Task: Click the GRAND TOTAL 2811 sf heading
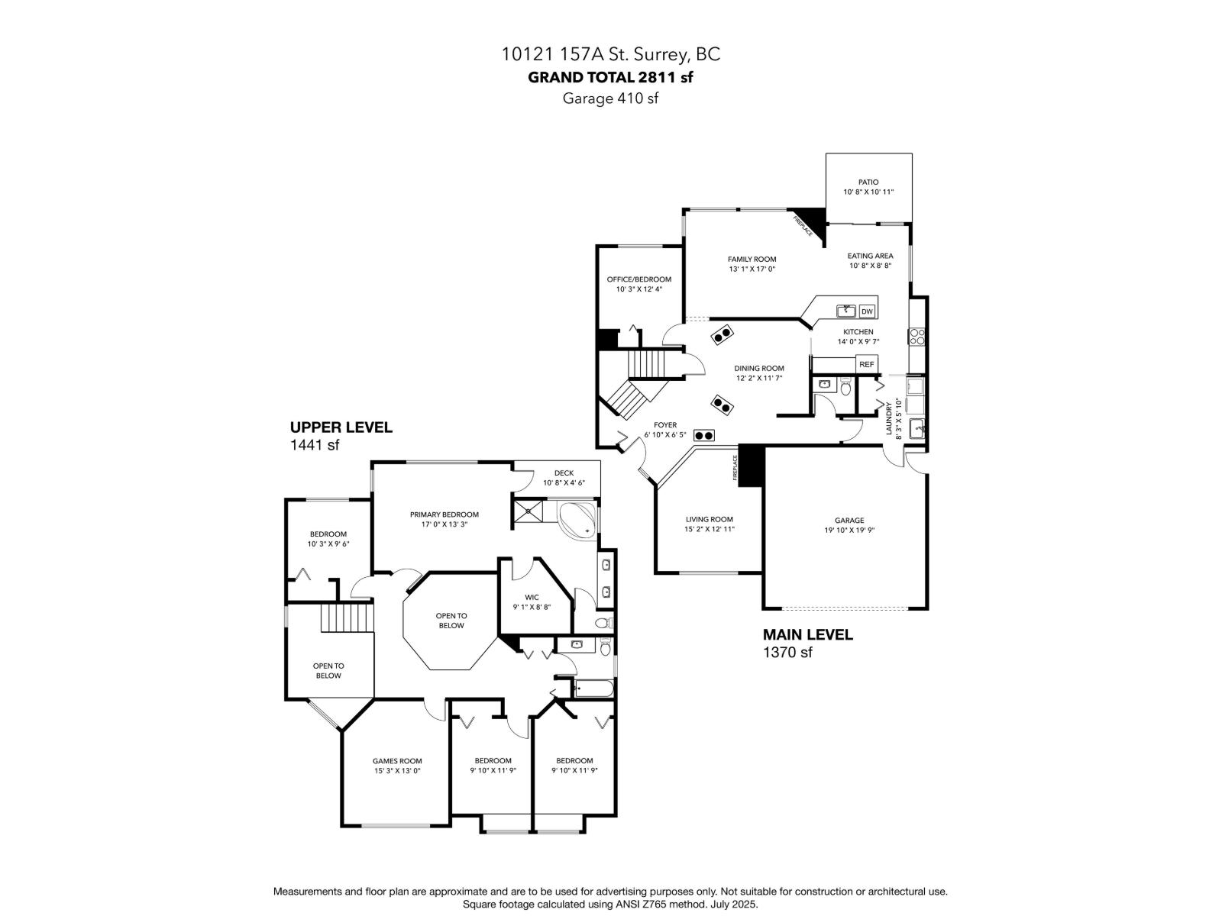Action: [x=610, y=76]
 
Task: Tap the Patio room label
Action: [x=868, y=182]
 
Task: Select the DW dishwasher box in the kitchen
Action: [x=867, y=311]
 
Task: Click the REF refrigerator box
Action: [x=866, y=365]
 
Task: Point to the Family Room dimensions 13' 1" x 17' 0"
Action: [x=752, y=269]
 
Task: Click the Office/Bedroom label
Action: [x=638, y=279]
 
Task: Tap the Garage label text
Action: [x=849, y=521]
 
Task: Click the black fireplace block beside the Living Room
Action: [x=752, y=465]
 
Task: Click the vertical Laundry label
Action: [x=889, y=418]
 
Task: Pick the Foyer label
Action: [x=664, y=425]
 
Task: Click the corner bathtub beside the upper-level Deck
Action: [x=577, y=519]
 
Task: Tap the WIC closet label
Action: [x=532, y=598]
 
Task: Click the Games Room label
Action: [x=397, y=761]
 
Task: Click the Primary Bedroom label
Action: [x=444, y=514]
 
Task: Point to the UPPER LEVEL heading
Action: [x=341, y=427]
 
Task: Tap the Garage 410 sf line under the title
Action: [x=610, y=98]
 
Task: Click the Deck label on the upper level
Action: [x=564, y=473]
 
